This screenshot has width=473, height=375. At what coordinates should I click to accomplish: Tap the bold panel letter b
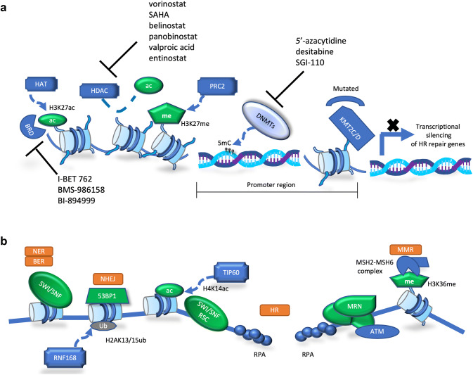click(6, 240)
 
